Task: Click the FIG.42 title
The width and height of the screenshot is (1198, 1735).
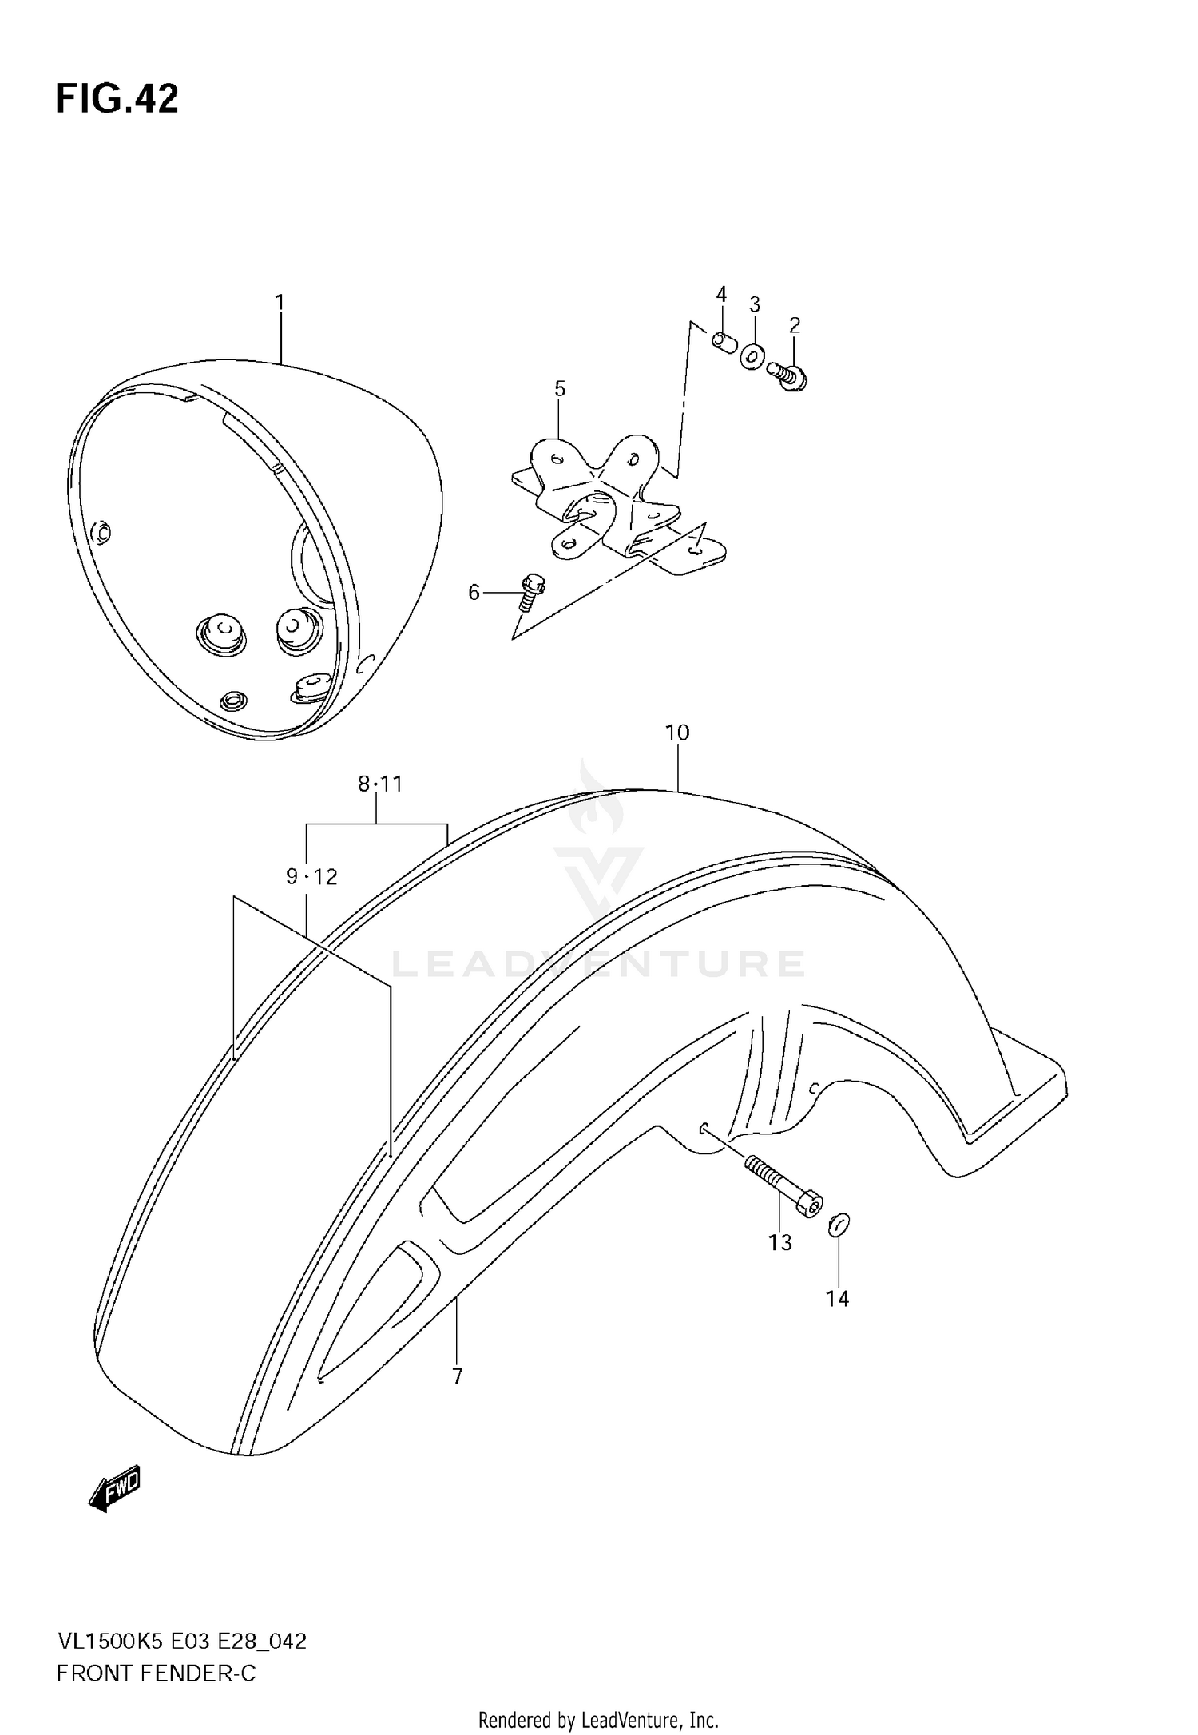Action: (x=117, y=100)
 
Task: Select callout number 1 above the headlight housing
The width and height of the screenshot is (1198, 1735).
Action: (x=280, y=303)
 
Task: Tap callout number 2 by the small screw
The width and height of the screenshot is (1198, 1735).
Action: (x=794, y=325)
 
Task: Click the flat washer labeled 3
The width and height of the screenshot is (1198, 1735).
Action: (x=752, y=355)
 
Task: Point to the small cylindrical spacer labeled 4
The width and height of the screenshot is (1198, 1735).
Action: (x=724, y=342)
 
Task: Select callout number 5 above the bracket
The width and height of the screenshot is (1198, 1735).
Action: (x=560, y=389)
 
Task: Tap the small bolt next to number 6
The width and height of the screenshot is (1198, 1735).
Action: (x=530, y=593)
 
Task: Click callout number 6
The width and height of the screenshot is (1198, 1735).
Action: (x=474, y=593)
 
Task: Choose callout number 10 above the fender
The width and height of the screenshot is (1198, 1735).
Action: (x=676, y=733)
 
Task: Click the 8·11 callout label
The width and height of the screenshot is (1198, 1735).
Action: (x=380, y=784)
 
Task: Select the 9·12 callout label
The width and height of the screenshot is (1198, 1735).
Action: (x=311, y=877)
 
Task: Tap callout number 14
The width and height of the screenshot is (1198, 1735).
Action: (x=837, y=1299)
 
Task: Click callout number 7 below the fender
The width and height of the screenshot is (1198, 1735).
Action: (x=457, y=1377)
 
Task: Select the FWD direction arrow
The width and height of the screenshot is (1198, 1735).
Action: (x=114, y=1487)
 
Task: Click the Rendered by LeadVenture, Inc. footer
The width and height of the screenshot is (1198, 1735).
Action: (x=598, y=1720)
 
